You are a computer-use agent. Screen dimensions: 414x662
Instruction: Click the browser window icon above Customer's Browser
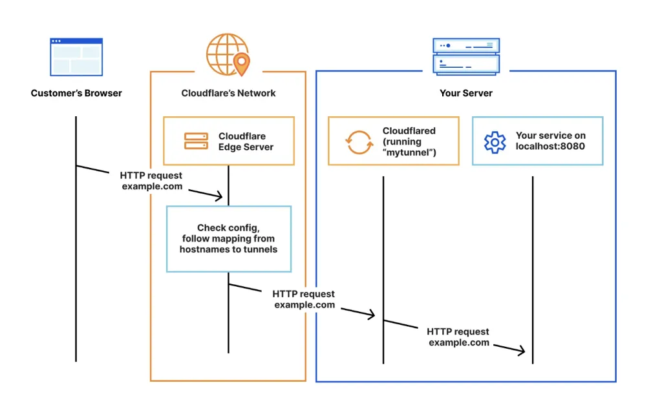tap(76, 56)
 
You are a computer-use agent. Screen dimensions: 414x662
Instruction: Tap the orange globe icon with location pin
tap(228, 55)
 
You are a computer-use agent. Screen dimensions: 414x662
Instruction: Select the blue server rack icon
tap(465, 55)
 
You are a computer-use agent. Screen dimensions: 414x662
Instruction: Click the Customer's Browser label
tap(76, 93)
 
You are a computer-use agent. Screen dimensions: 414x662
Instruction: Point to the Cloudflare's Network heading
tap(228, 93)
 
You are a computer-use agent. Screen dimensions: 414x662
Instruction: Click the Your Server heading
tap(465, 93)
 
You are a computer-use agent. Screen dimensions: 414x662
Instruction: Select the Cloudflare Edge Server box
tap(228, 141)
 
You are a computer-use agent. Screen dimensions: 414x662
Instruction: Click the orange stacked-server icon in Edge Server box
tap(196, 141)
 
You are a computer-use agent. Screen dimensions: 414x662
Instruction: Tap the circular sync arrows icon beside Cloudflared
tap(359, 141)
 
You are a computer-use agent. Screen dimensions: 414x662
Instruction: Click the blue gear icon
tap(495, 141)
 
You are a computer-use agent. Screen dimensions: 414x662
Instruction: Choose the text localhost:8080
tap(550, 147)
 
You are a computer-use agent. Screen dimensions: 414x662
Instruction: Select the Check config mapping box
tap(228, 238)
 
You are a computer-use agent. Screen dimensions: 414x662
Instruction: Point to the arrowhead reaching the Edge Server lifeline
tap(220, 196)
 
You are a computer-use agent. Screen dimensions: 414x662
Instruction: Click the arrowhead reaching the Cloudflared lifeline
tap(371, 315)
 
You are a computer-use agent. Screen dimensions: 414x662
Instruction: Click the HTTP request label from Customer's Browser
tap(151, 181)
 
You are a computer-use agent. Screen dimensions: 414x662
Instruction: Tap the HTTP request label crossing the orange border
tap(304, 299)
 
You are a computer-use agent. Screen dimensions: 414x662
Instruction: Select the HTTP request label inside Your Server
tap(458, 337)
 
